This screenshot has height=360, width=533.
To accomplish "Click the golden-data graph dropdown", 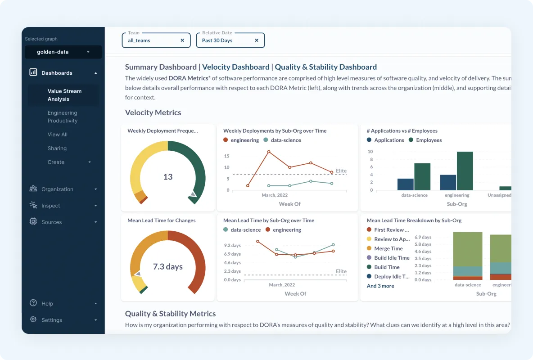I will (x=63, y=52).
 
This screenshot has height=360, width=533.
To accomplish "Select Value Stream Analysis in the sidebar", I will (x=64, y=95).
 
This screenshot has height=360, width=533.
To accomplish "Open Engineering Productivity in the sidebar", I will (x=63, y=117).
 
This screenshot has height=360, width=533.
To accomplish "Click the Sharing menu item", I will (x=57, y=148).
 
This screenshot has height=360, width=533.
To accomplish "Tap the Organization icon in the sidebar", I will (x=33, y=189).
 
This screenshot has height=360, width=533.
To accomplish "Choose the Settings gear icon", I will (x=33, y=319).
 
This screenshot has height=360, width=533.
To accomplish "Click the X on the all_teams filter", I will (x=182, y=40).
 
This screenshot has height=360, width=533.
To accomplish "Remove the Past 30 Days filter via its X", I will (x=257, y=40).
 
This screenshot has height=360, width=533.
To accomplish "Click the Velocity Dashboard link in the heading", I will (x=235, y=67).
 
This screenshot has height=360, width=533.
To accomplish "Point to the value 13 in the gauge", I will (x=168, y=177).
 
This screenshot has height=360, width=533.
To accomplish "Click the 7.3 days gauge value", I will (x=168, y=267).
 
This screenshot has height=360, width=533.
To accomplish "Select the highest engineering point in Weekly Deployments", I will (x=269, y=152).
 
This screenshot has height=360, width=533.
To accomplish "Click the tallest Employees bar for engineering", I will (x=465, y=171).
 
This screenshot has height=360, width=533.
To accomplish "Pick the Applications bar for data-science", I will (x=406, y=184).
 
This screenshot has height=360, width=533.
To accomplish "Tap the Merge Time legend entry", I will (x=388, y=248).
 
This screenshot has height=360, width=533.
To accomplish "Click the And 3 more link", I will (x=380, y=286).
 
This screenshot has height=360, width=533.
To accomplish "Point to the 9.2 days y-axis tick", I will (x=232, y=246).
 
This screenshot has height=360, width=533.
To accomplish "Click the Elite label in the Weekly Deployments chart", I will (x=341, y=171).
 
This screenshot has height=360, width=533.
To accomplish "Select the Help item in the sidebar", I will (x=47, y=304).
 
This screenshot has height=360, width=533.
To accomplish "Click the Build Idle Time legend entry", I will (x=392, y=258).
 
